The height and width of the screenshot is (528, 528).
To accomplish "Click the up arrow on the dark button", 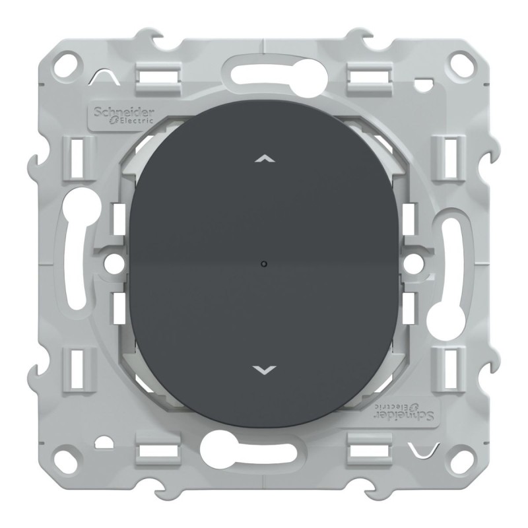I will [263, 159].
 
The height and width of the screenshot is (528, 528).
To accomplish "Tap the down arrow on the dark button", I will [263, 370].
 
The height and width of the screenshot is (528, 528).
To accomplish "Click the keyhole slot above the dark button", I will [264, 73].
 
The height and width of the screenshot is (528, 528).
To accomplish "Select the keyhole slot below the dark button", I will [264, 455].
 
